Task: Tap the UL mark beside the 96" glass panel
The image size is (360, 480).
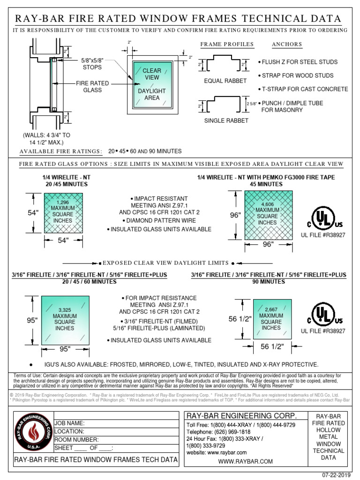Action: (x=323, y=216)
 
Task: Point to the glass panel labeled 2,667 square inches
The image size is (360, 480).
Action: (x=271, y=319)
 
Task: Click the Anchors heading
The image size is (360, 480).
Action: (x=287, y=45)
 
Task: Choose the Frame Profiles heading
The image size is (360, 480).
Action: (x=227, y=45)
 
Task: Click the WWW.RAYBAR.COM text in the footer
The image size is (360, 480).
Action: (x=245, y=462)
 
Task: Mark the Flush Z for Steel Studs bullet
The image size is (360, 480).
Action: (x=298, y=62)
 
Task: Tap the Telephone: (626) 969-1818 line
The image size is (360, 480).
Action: (x=218, y=432)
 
